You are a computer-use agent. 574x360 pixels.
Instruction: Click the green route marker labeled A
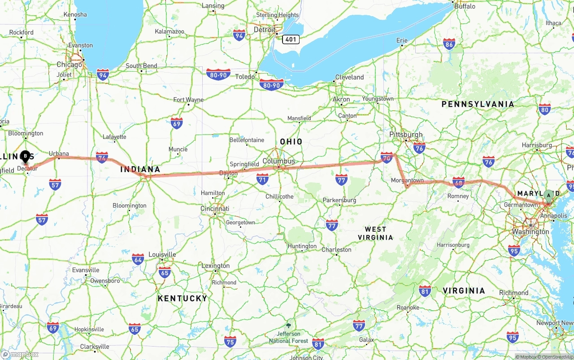[x=548, y=195]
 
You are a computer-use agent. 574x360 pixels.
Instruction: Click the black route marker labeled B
[x=26, y=156]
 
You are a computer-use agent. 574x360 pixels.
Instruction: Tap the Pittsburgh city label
[x=406, y=134]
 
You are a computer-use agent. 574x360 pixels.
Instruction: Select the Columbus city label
[x=279, y=161]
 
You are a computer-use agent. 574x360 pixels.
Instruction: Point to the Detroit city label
[x=265, y=30]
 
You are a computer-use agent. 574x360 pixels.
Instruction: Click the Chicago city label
[x=69, y=65]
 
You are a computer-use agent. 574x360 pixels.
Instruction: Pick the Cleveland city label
[x=349, y=77]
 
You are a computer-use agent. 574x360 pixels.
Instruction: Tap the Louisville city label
[x=162, y=254]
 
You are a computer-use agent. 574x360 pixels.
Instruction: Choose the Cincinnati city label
[x=215, y=208]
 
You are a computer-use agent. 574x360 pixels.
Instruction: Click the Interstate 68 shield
[x=458, y=182]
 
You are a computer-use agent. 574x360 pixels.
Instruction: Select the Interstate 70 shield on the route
[x=387, y=157]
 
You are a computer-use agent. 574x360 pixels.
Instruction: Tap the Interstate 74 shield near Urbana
[x=102, y=157]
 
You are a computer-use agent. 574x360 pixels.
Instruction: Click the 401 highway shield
[x=291, y=39]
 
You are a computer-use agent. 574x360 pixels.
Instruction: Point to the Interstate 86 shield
[x=449, y=43]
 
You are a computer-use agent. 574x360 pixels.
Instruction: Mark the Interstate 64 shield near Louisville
[x=138, y=259]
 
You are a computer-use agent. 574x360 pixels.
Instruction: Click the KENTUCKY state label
[x=182, y=298]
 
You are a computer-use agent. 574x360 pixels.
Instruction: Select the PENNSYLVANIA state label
[x=478, y=104]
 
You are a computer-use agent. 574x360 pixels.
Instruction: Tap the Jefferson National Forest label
[x=288, y=337]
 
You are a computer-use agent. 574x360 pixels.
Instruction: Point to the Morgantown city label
[x=407, y=180]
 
